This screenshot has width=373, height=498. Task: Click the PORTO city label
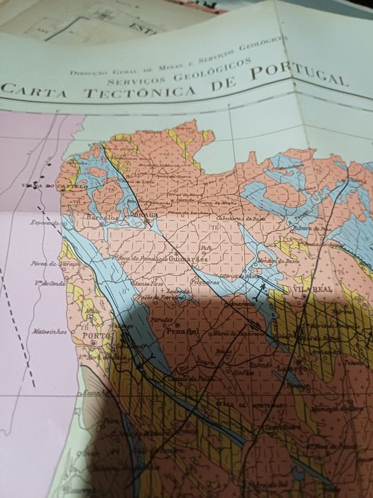click(x=94, y=337)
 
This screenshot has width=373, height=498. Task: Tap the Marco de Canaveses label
click(x=235, y=332)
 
